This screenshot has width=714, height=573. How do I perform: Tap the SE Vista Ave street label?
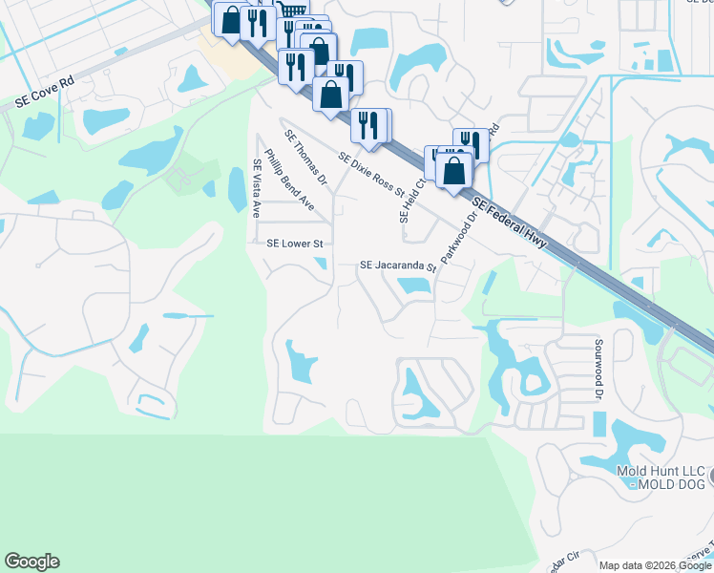(256, 188)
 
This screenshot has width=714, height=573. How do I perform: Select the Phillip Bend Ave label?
(289, 179)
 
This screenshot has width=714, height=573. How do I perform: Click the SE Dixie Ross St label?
(371, 172)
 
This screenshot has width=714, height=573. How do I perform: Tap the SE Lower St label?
(295, 244)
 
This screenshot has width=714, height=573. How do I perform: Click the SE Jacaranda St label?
(397, 265)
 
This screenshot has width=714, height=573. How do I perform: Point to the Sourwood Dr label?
(598, 368)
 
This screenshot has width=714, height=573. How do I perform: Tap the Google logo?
(31, 562)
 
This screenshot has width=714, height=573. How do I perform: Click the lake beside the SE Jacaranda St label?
(413, 285)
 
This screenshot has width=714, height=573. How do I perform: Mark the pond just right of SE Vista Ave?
(236, 188)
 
